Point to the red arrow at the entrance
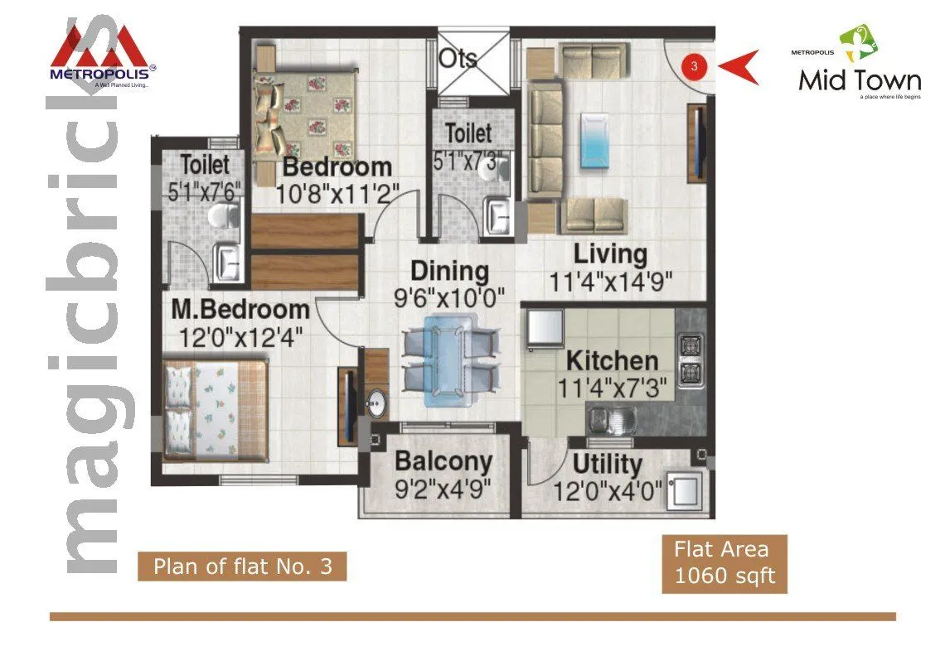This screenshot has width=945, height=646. (x=739, y=67)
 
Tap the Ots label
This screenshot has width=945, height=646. (x=458, y=58)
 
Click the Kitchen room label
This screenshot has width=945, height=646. (x=612, y=361)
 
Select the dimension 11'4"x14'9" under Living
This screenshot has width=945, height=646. (x=610, y=282)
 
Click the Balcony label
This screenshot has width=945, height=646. (x=443, y=461)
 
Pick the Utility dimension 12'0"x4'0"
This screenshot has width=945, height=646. (x=608, y=492)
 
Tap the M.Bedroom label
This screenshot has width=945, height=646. (x=240, y=311)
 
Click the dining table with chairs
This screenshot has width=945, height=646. (x=451, y=360)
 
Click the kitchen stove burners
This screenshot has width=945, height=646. (x=691, y=360)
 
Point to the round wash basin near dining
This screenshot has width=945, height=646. (x=376, y=404)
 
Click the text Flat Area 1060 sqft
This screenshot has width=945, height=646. (x=724, y=563)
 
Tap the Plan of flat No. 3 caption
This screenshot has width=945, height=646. (x=242, y=567)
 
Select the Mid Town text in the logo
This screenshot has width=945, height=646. (x=860, y=80)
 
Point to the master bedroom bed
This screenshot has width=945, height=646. (x=216, y=409)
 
